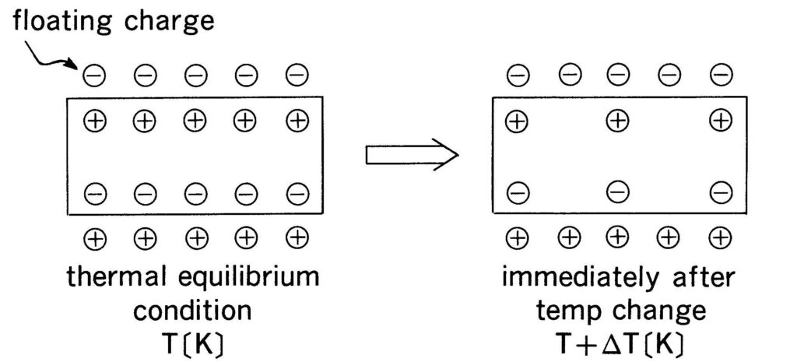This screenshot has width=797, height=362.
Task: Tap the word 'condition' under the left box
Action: (x=192, y=311)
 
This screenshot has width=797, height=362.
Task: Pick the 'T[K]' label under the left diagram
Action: (x=193, y=343)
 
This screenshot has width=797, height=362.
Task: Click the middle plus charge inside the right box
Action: (x=618, y=121)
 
